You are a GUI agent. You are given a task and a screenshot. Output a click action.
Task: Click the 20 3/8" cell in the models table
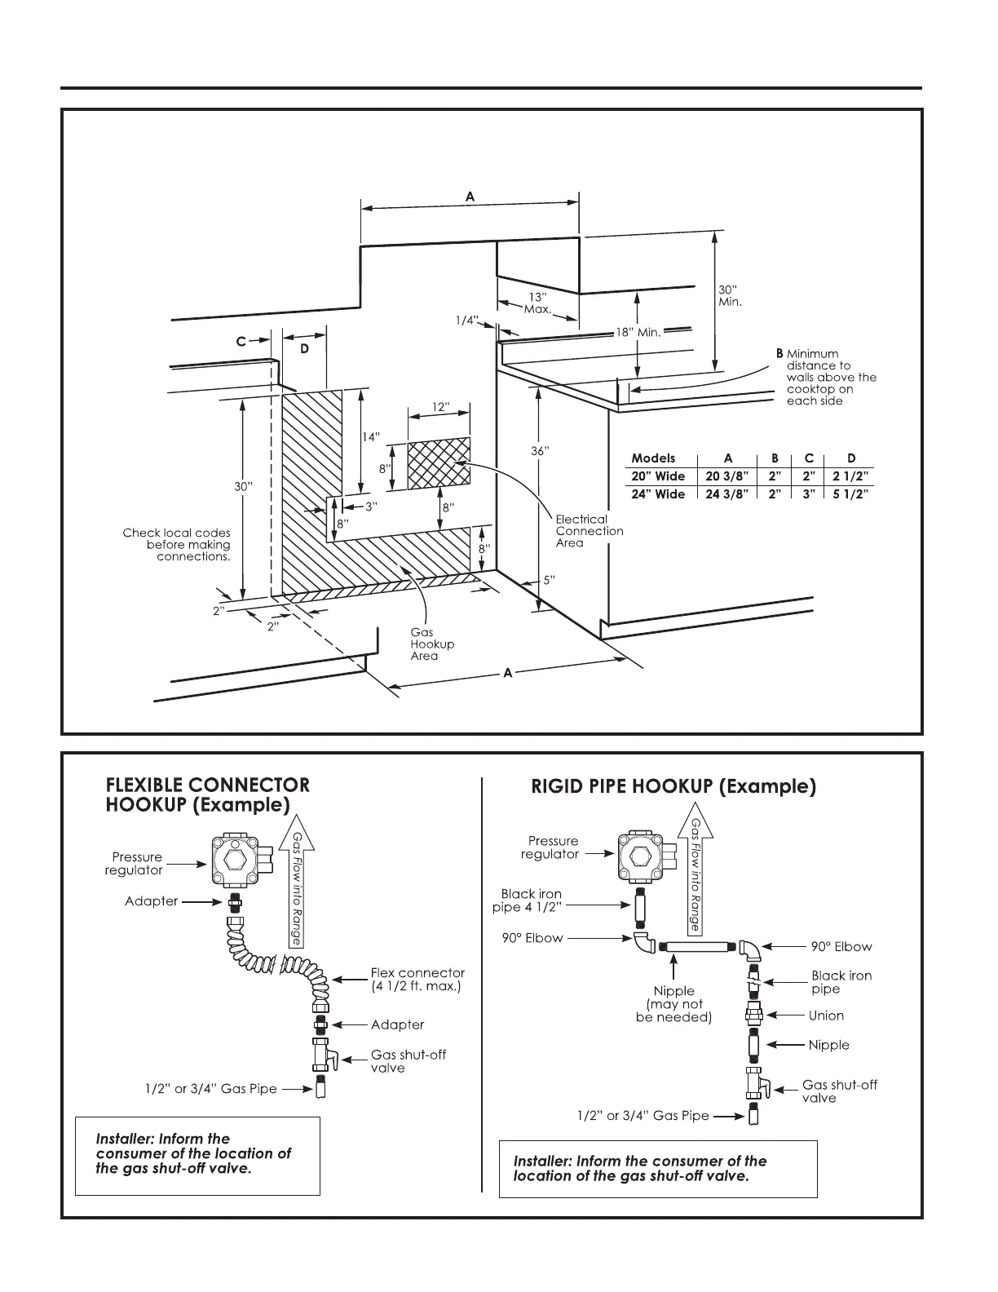coord(727,476)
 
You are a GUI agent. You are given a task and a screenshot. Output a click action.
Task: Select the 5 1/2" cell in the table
coord(850,494)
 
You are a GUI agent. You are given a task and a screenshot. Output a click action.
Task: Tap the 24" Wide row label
coord(658,494)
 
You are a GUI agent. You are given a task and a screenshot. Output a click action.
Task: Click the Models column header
coord(653,458)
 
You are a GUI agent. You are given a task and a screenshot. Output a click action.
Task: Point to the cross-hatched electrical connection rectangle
coord(439,463)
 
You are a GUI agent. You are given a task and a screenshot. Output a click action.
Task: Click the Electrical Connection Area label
coord(589,531)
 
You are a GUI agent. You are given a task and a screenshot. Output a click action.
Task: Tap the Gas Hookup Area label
coord(432,644)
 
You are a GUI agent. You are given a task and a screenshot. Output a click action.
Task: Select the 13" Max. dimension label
coord(537,303)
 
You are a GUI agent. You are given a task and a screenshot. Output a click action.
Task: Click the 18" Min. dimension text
coord(638,332)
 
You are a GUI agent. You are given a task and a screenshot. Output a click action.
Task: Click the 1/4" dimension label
coord(466,321)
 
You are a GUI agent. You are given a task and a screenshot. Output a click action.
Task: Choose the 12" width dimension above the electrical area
coord(440,407)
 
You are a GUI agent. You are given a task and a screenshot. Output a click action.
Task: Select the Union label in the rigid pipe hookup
coord(826,1015)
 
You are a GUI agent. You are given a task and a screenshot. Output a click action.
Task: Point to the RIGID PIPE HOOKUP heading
coord(673,786)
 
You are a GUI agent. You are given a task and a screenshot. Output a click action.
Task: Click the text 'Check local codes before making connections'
coord(177,545)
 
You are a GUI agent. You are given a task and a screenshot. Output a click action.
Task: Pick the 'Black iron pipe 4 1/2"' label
coord(530,900)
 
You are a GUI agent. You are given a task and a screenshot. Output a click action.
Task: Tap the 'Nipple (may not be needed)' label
coord(673,1004)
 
